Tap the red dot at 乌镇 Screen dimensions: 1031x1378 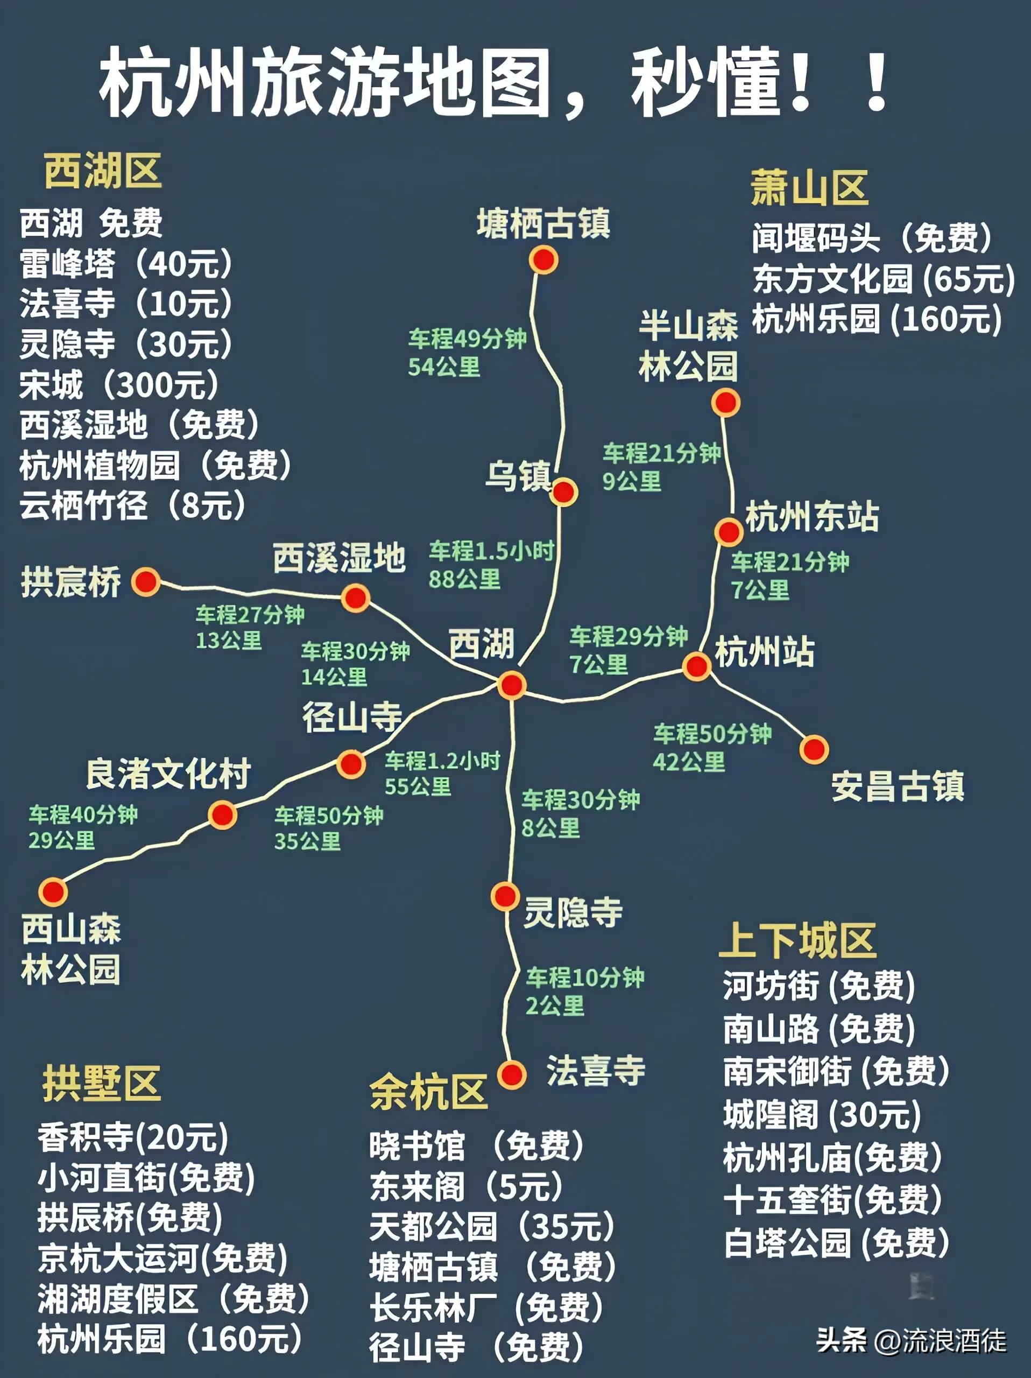point(564,492)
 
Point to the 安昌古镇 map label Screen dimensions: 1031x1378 point(897,786)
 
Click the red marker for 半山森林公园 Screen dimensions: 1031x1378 point(725,403)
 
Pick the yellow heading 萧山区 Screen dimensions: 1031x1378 point(809,188)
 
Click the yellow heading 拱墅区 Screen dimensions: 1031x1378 point(102,1084)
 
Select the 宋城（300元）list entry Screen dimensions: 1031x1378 point(119,384)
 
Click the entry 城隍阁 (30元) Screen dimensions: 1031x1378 point(822,1114)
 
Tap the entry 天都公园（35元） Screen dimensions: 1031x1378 point(492,1226)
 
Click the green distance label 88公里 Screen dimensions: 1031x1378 point(464,579)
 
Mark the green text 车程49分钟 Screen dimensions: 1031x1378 point(467,339)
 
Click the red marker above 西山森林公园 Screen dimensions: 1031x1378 point(54,891)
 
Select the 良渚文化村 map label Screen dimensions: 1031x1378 point(168,774)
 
